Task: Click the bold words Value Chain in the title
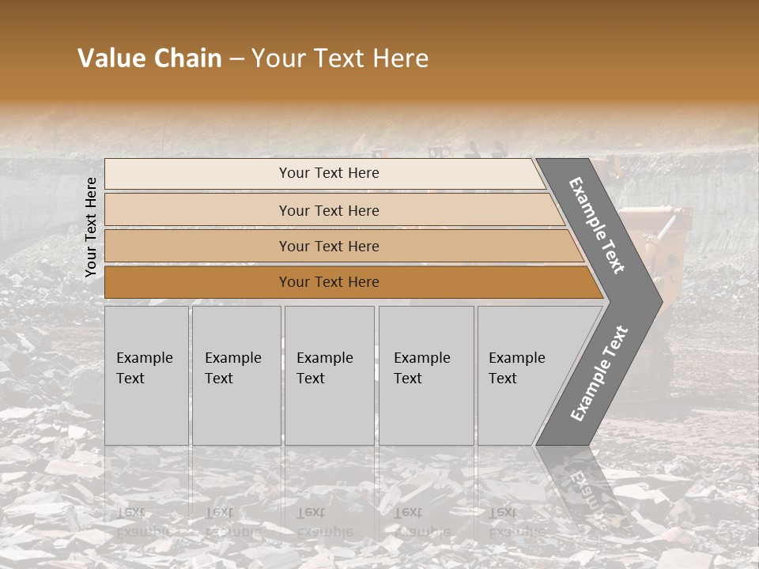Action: pos(149,58)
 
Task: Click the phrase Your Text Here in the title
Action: pos(340,58)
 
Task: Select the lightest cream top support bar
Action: pos(198,174)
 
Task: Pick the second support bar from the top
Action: pos(198,210)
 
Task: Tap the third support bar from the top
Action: pos(198,246)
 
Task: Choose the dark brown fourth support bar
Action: pos(198,282)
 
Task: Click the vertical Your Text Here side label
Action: pos(91,227)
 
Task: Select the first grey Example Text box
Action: pos(146,375)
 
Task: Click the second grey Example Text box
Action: pos(236,375)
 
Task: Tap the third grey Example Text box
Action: pos(329,375)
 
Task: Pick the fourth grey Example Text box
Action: pos(425,375)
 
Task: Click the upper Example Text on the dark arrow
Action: pos(597,225)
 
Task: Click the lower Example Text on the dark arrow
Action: pos(599,374)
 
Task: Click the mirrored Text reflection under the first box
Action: pos(130,511)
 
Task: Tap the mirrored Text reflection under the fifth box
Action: pos(502,511)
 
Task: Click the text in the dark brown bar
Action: pos(329,282)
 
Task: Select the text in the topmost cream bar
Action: pos(329,173)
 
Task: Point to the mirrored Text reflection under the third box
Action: pos(311,511)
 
